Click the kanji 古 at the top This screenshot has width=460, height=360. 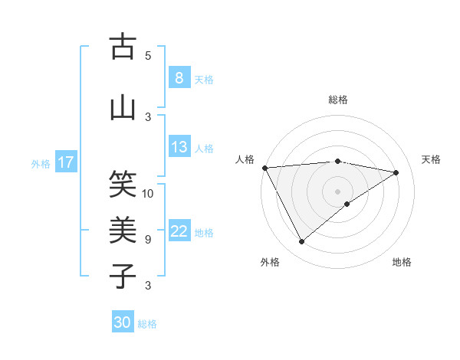[x=123, y=47]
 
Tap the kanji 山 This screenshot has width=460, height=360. [x=123, y=107]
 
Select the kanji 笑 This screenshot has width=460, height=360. [x=123, y=184]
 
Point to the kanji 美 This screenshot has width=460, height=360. [x=123, y=230]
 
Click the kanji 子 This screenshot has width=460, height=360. [x=123, y=276]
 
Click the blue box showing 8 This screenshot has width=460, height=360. [x=179, y=78]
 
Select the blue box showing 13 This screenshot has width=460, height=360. [x=179, y=147]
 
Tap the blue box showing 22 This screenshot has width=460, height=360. [x=179, y=231]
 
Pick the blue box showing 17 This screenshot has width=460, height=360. [x=66, y=162]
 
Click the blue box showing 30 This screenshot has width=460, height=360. [x=123, y=322]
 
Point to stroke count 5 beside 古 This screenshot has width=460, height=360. [x=148, y=56]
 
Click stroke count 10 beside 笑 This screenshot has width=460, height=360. [x=148, y=193]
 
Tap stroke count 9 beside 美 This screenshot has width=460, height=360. [x=148, y=240]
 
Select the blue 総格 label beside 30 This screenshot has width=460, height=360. [x=147, y=324]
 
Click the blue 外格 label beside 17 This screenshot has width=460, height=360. [x=41, y=163]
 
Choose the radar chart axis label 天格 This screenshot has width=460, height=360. [x=432, y=159]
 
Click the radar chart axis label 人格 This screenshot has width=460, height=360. [x=245, y=159]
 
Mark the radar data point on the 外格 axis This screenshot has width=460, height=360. [x=301, y=242]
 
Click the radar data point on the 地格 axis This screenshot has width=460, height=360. [x=347, y=204]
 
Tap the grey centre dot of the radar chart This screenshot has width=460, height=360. [x=337, y=191]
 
